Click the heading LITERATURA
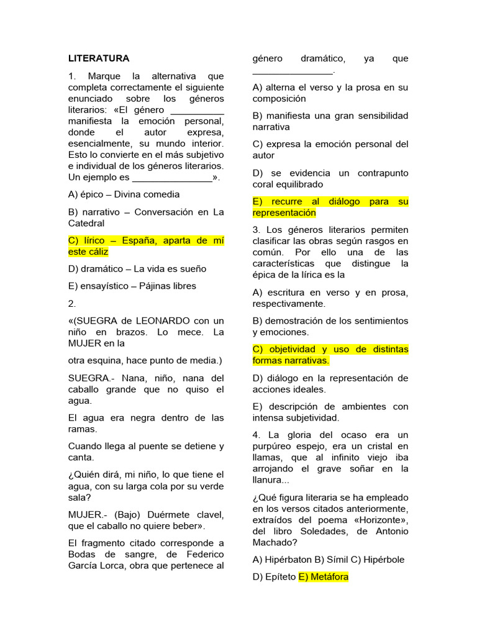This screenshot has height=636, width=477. tap(99, 58)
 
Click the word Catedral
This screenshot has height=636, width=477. tap(86, 223)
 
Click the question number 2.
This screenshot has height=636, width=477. tap(72, 304)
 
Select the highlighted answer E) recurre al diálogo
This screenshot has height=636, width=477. tap(330, 207)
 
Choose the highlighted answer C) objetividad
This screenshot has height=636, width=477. tap(330, 355)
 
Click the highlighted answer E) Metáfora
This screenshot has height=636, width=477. tap(324, 576)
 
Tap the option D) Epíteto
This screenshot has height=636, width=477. tap(274, 576)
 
